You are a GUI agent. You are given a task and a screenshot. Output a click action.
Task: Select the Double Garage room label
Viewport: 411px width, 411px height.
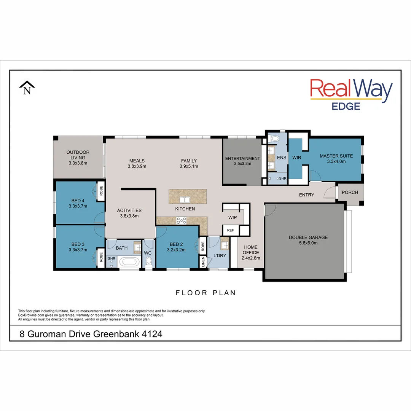pos(308,237)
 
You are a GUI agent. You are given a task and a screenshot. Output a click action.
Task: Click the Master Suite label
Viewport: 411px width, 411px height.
pos(336,156)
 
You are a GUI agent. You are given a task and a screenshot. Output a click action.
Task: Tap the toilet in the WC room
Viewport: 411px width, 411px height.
pos(149,261)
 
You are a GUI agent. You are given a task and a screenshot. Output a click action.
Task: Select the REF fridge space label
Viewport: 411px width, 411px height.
pos(231,230)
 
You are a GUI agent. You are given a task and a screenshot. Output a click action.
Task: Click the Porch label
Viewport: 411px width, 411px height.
pos(350,192)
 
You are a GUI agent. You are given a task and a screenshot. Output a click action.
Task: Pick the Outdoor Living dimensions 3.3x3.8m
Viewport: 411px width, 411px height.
pos(78,163)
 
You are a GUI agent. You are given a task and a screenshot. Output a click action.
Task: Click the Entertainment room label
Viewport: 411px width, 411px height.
pos(242,158)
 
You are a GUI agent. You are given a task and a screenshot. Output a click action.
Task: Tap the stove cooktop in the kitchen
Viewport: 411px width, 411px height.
pos(181,220)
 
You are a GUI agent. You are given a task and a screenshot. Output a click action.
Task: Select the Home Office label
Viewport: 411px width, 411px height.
pos(251,250)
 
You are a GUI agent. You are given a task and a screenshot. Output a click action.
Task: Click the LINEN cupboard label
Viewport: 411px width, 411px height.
pos(203,261)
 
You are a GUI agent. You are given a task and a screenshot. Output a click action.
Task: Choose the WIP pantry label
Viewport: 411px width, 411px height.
pos(233,217)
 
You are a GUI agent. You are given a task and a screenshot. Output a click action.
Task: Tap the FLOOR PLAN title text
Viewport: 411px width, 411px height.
pos(205,293)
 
